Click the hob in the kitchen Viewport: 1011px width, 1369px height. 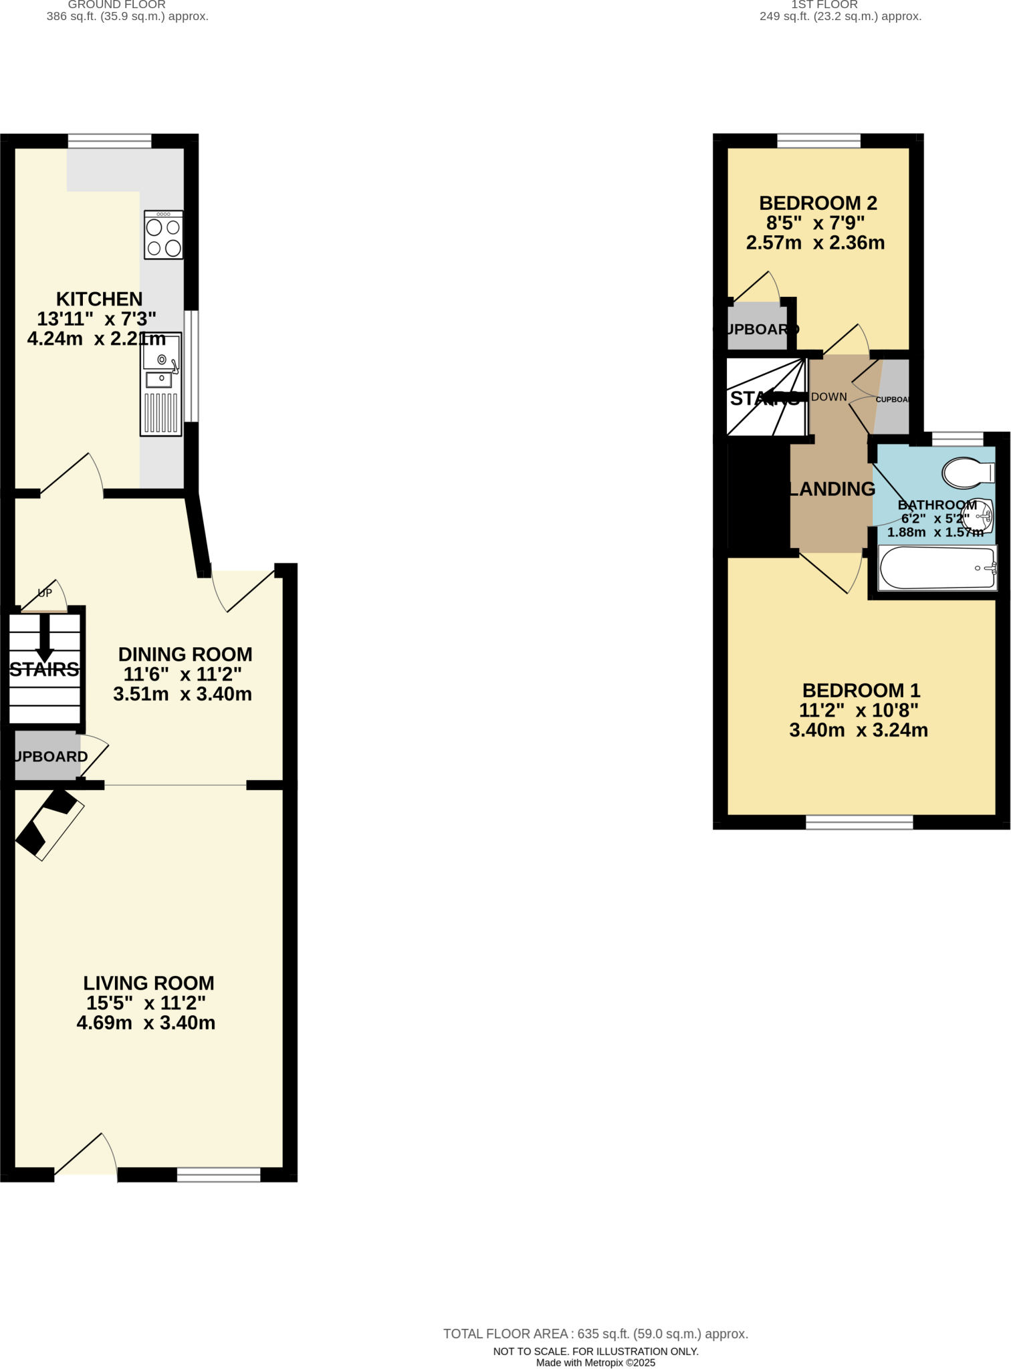click(164, 235)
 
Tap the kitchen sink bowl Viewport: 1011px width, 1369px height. click(161, 352)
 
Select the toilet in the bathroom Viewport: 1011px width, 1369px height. click(967, 473)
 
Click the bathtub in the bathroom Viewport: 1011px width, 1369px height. click(937, 568)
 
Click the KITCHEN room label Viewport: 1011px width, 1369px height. click(99, 299)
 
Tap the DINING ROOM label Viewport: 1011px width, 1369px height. click(185, 654)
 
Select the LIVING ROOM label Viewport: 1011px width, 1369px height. click(148, 983)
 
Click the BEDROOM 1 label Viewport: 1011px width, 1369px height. click(861, 691)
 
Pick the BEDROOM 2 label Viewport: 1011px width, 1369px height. click(818, 203)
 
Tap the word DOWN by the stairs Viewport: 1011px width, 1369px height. click(829, 397)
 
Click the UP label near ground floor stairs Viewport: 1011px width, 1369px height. click(45, 593)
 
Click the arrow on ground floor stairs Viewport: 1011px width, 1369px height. click(45, 638)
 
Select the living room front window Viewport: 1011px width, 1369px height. click(219, 1174)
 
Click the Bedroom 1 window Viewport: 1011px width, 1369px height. click(859, 822)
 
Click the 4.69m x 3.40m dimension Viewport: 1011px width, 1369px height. click(146, 1023)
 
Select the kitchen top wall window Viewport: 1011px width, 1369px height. click(110, 140)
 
